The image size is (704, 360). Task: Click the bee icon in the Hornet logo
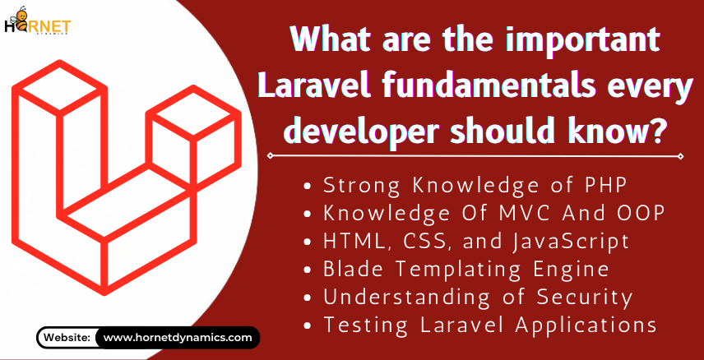19,18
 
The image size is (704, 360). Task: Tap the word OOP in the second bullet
645,214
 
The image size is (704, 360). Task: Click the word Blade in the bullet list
348,270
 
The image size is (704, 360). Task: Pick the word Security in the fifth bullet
586,298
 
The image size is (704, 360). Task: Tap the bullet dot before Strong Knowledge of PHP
308,187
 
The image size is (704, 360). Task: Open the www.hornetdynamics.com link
178,337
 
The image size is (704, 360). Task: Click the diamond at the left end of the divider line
270,156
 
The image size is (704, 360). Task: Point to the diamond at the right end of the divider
681,156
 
